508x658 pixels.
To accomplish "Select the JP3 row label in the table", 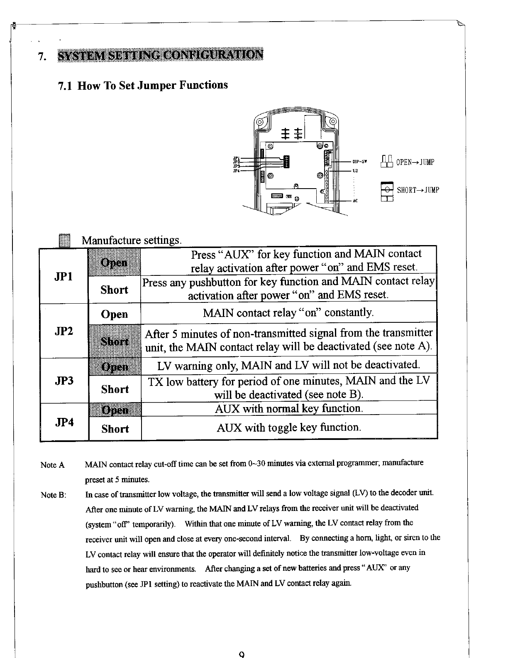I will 64,381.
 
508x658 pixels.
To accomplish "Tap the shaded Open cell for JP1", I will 115,262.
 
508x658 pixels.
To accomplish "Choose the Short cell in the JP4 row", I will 115,429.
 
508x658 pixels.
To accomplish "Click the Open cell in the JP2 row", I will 115,314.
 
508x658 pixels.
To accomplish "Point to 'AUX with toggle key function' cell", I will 289,427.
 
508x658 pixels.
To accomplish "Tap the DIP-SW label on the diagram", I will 359,162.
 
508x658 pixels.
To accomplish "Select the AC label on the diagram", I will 355,201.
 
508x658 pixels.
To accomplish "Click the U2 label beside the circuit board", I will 355,170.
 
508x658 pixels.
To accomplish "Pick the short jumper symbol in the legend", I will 387,191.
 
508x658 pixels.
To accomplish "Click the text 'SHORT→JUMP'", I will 418,190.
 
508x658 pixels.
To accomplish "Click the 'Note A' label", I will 53,465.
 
